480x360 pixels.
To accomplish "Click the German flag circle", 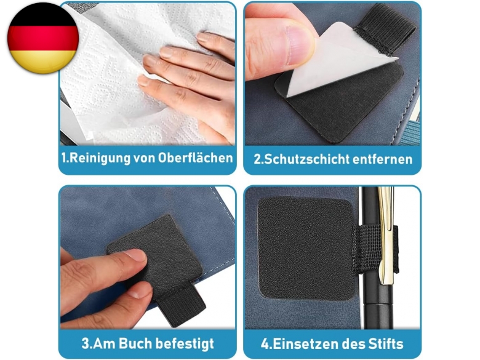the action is pos(43,38).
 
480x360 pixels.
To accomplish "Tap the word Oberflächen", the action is pos(195,158).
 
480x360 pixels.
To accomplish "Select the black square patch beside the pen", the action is pos(305,249).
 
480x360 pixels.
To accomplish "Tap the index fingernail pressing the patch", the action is pos(135,255).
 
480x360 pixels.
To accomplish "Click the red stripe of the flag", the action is pos(43,38).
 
